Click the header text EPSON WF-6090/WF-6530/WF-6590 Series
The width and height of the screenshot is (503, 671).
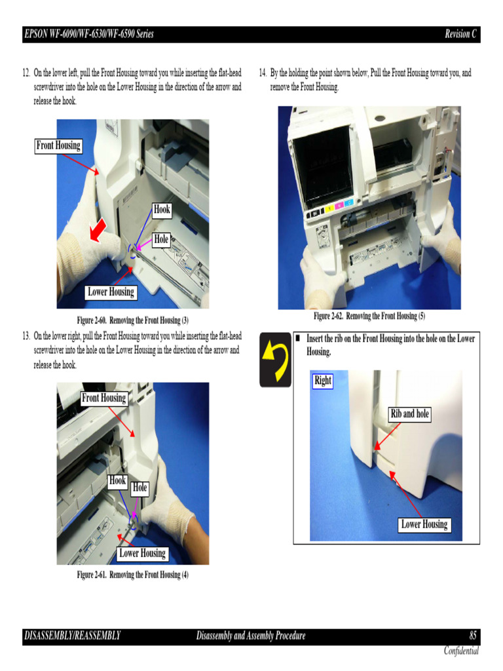[x=88, y=34]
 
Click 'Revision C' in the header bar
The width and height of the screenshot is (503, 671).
[x=460, y=34]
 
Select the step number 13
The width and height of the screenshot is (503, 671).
[x=27, y=336]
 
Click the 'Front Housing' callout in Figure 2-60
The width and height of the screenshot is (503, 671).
[x=58, y=145]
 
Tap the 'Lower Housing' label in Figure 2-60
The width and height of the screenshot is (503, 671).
[x=111, y=292]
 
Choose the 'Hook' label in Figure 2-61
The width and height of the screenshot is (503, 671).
[x=117, y=480]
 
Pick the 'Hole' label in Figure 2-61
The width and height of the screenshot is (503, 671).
[x=140, y=488]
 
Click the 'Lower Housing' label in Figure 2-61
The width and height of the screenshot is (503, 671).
[x=142, y=554]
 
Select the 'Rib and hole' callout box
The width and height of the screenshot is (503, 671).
[x=409, y=414]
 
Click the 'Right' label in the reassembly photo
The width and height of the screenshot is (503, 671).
[x=323, y=381]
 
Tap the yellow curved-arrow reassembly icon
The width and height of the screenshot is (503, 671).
[x=275, y=359]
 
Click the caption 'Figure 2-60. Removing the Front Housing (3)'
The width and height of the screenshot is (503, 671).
[x=133, y=320]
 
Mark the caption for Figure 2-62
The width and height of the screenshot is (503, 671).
[x=369, y=316]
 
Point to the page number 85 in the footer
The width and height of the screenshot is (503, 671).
[x=473, y=636]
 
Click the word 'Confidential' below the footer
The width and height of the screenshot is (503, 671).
[x=461, y=651]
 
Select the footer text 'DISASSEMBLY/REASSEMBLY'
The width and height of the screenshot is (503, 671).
[x=73, y=636]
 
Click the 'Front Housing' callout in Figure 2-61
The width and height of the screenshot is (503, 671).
[x=103, y=398]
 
